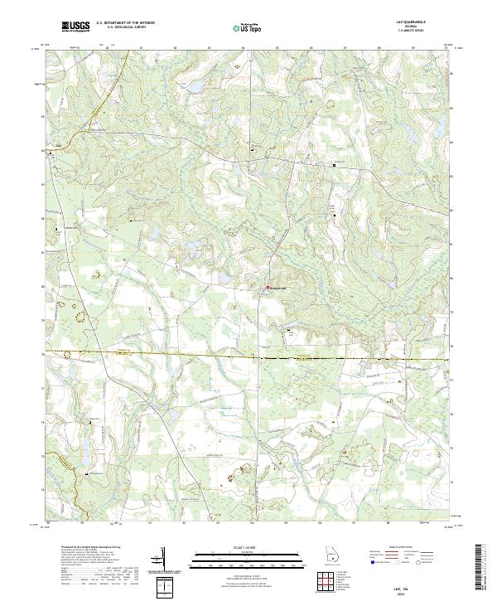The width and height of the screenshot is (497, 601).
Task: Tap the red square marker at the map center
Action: [267, 288]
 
